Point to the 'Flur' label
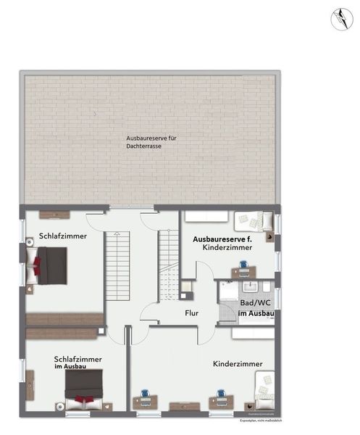pyautogui.click(x=191, y=314)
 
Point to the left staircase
pyautogui.click(x=117, y=266)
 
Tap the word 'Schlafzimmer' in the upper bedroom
pyautogui.click(x=64, y=236)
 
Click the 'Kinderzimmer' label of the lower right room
pyautogui.click(x=238, y=363)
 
